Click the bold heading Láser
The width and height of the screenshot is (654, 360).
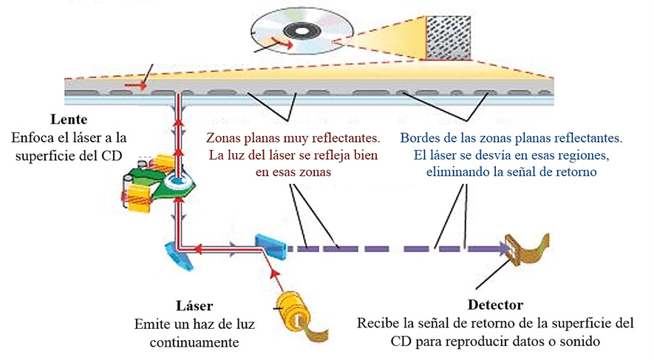point(195,306)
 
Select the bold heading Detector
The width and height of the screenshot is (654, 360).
point(495,305)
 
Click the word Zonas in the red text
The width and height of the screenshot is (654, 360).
point(225,137)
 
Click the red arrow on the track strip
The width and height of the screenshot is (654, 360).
point(134,86)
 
